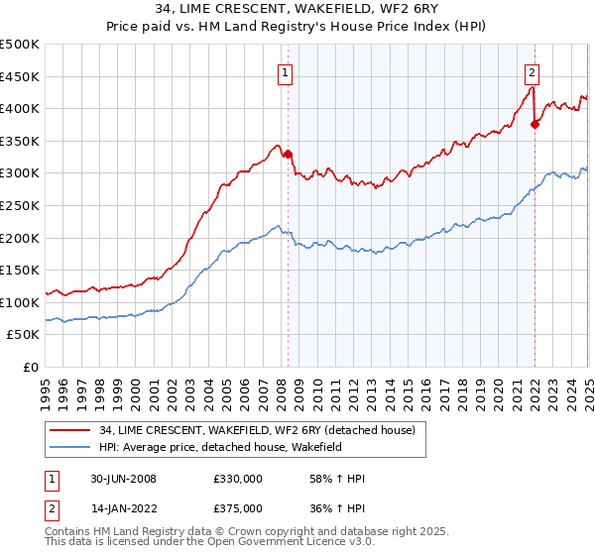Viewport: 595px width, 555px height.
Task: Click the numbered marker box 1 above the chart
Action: coord(285,71)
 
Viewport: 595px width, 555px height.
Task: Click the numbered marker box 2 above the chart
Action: coord(533,71)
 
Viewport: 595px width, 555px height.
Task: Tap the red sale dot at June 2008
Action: coord(288,154)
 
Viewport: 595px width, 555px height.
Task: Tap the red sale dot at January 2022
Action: coord(535,124)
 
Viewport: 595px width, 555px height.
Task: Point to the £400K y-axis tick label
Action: coord(20,108)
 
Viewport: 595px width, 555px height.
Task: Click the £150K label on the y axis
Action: coord(20,270)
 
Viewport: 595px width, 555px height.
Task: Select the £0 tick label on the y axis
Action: coord(31,367)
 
